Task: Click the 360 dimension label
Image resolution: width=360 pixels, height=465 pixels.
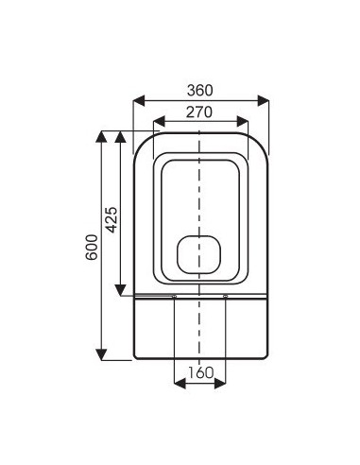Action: click(200, 91)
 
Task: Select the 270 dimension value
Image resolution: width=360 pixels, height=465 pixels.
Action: click(199, 112)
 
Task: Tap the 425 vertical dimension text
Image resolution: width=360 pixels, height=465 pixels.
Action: click(111, 219)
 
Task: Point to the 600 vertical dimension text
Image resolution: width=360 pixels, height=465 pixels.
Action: click(92, 247)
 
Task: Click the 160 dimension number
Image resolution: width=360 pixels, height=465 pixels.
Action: click(201, 372)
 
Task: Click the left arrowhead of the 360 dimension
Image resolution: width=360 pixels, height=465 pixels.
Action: click(139, 101)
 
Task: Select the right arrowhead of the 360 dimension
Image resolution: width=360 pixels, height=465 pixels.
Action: click(264, 101)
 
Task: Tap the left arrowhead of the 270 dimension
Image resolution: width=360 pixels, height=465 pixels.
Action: click(159, 122)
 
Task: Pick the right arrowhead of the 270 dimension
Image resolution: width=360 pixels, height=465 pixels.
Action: click(243, 122)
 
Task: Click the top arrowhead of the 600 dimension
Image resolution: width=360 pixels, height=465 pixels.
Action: click(101, 137)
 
